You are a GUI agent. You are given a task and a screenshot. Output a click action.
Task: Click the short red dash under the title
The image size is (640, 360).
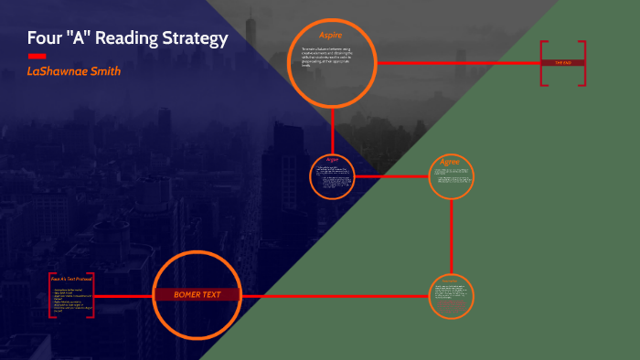(x=37, y=56)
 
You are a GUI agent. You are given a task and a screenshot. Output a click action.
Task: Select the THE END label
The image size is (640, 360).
(x=561, y=63)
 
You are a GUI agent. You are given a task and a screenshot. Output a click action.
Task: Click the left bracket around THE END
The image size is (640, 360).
(x=542, y=63)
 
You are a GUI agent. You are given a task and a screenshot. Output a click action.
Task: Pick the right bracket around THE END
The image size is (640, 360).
(x=582, y=63)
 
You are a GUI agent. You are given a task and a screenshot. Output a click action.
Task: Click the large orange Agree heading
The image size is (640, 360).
(x=450, y=162)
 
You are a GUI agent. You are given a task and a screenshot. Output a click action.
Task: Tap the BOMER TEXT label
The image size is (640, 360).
(x=196, y=295)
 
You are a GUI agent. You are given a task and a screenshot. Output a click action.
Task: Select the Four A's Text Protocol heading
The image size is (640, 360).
(x=70, y=279)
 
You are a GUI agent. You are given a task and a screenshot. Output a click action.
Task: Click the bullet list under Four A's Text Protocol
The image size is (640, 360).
(x=73, y=300)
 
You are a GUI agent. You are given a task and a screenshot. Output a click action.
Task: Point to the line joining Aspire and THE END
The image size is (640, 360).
(x=457, y=63)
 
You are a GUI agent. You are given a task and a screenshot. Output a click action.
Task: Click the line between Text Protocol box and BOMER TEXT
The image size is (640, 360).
(x=123, y=296)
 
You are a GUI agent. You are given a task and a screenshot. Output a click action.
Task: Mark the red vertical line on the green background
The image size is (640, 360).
(x=452, y=238)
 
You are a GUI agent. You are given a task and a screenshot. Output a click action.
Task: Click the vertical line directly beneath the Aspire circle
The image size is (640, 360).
(x=334, y=129)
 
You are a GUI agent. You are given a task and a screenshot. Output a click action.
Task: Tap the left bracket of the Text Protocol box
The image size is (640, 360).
(x=50, y=295)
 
